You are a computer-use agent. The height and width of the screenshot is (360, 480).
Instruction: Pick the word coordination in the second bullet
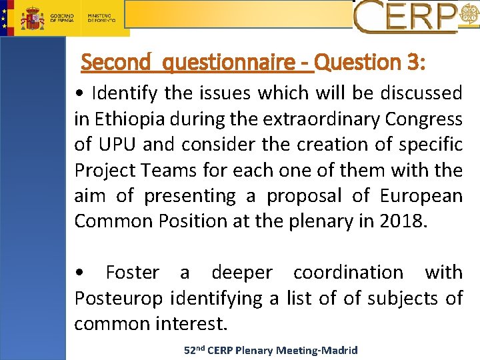click(x=348, y=273)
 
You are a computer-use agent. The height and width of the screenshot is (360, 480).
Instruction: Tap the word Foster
click(x=132, y=273)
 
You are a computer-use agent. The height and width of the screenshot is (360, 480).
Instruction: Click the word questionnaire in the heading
click(x=230, y=63)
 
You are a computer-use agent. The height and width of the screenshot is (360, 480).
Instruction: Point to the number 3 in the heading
click(x=410, y=63)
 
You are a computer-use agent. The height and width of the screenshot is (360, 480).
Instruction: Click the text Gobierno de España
click(x=63, y=17)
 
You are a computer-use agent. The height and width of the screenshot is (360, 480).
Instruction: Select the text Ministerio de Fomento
click(x=101, y=17)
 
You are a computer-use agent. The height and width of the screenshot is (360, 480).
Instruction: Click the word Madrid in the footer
click(x=340, y=350)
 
